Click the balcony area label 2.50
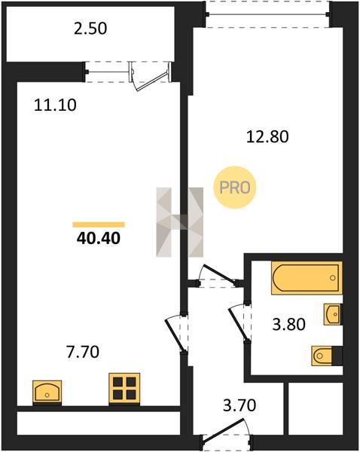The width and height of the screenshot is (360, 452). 90,29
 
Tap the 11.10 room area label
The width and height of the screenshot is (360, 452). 55,105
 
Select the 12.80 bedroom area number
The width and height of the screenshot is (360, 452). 267,136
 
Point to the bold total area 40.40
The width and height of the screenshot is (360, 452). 99,238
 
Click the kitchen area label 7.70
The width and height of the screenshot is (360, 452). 83,352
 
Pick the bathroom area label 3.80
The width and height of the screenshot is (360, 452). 288,324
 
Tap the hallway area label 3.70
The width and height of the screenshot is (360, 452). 239,405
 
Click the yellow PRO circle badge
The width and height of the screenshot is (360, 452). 235,188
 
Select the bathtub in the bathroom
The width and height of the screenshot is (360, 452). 307,278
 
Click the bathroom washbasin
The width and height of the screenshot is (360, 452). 333,314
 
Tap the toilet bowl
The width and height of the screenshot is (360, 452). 322,356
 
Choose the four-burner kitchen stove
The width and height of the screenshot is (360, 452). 124,388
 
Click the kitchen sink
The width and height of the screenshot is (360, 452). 47,391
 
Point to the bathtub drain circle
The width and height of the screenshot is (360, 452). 333,278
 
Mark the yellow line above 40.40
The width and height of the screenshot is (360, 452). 99,224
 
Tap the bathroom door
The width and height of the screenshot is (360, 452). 239,323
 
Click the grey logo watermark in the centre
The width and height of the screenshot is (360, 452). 179,222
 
